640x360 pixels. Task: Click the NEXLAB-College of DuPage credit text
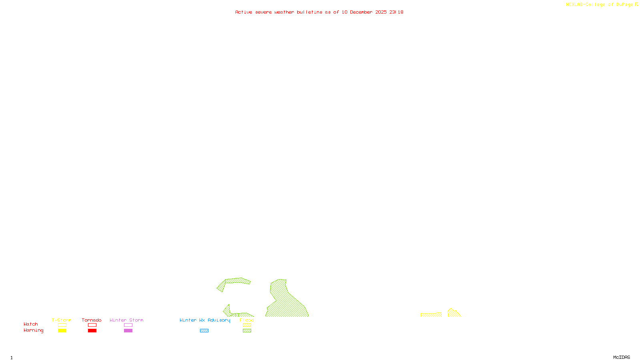tap(602, 5)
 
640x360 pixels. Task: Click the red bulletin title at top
tap(319, 12)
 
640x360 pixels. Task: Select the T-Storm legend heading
tap(62, 320)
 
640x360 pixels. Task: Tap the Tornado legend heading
tap(92, 320)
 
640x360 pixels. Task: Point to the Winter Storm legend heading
tap(126, 320)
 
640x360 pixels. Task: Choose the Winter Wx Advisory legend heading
tap(205, 320)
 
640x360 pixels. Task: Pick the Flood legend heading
tap(247, 320)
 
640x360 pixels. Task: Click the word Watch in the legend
tap(31, 324)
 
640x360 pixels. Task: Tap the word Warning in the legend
tap(34, 330)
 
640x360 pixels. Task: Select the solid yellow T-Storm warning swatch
tap(62, 331)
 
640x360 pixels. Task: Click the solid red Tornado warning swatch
tap(92, 331)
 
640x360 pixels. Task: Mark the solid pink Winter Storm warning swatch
tap(128, 331)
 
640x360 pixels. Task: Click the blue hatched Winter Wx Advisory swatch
tap(204, 331)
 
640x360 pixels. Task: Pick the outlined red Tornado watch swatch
tap(92, 325)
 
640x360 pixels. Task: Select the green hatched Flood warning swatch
tap(247, 331)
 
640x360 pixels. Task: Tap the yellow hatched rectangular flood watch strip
tap(431, 315)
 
